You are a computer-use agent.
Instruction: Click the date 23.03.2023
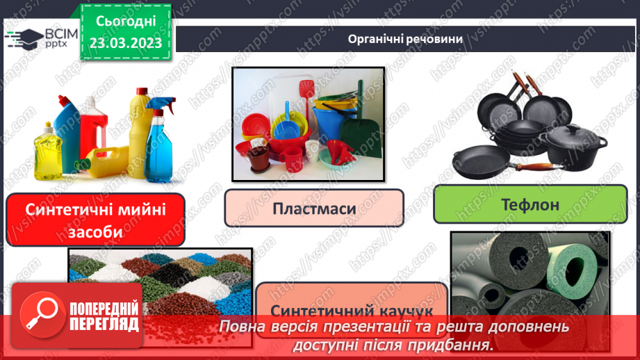126,42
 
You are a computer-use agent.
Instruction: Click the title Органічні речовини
406,38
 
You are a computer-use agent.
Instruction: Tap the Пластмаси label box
314,208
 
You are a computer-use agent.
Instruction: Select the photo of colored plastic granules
159,278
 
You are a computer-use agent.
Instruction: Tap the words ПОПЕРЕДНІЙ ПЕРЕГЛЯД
104,316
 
